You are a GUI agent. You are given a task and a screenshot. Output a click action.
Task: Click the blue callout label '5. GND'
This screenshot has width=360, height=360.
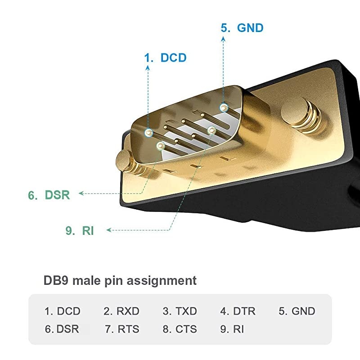click(x=242, y=28)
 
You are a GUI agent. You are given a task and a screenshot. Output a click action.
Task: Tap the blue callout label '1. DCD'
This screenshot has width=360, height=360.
click(x=165, y=58)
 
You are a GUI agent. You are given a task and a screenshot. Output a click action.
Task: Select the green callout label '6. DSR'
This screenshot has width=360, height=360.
click(x=49, y=195)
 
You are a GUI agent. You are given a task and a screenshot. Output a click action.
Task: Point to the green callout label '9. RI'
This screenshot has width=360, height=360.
click(x=80, y=230)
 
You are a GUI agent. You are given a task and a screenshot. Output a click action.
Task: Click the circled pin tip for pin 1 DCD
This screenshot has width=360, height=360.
click(x=149, y=133)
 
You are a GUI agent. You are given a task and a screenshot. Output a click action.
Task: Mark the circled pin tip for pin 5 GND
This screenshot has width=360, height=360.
click(x=224, y=108)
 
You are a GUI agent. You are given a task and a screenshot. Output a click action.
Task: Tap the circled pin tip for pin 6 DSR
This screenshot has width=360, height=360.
click(x=161, y=145)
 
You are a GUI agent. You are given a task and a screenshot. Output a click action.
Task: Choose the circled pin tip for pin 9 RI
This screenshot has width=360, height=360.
click(x=211, y=130)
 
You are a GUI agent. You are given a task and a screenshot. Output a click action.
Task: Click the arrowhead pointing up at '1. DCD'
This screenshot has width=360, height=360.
click(x=148, y=68)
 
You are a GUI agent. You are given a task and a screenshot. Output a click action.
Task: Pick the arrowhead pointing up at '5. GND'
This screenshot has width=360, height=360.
click(x=223, y=39)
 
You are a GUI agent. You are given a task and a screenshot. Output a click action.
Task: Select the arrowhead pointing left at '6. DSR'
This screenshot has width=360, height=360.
click(x=81, y=193)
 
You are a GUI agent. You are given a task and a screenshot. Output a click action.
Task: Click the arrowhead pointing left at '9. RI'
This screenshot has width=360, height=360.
click(x=109, y=230)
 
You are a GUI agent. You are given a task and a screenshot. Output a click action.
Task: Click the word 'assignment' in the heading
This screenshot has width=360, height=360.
click(x=162, y=281)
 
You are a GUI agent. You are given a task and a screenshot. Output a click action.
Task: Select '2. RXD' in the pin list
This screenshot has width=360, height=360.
click(x=121, y=311)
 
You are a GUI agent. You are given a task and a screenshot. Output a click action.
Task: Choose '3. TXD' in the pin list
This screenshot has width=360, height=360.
click(x=180, y=311)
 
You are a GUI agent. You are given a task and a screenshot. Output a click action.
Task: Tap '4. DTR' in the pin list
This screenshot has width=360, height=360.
click(x=238, y=311)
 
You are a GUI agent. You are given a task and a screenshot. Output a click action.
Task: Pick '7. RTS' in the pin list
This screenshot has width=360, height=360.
click(x=122, y=329)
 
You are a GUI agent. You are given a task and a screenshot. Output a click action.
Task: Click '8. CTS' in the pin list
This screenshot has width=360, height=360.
click(x=180, y=329)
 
